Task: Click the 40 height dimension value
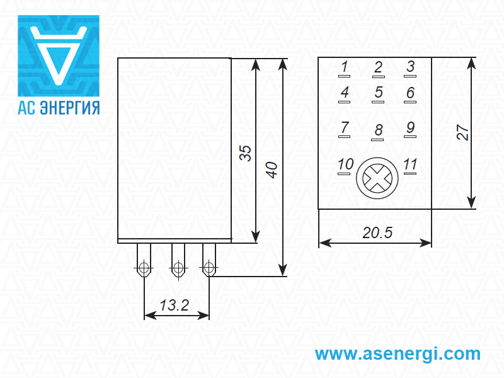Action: [272, 169]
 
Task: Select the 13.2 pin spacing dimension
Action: [175, 306]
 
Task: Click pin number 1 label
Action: [345, 67]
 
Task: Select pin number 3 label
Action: [410, 67]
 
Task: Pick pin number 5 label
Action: [379, 93]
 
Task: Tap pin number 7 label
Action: [345, 128]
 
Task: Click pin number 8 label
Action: [379, 130]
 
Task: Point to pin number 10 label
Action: [345, 165]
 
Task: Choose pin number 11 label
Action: [410, 165]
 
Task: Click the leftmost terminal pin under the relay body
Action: [144, 265]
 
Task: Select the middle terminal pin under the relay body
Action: [178, 265]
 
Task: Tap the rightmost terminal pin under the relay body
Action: [209, 265]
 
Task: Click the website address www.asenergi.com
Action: [398, 353]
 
